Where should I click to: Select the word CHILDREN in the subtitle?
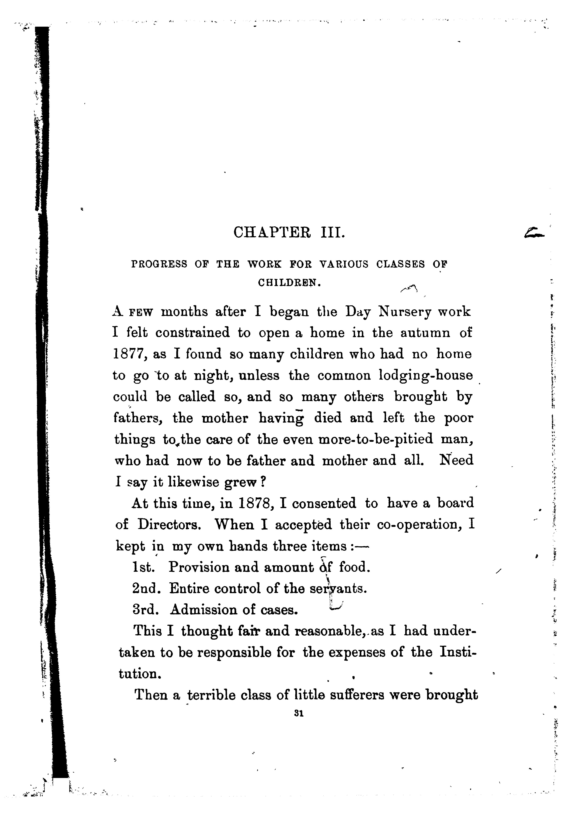tap(289, 283)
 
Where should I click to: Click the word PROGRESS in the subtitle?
tap(159, 264)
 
